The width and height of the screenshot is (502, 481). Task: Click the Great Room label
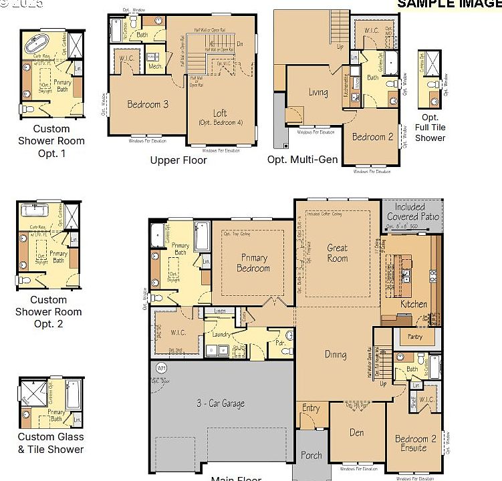tap(337, 253)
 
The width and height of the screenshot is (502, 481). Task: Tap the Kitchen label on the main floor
tap(413, 304)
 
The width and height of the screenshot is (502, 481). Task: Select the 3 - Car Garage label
tap(220, 404)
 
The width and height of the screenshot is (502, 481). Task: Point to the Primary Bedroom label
tap(253, 263)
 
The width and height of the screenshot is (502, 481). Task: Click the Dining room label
tap(336, 355)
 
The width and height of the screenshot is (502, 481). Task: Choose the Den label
tap(357, 432)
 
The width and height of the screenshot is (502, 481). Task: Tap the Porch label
tap(311, 456)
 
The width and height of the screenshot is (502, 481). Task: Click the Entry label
tap(311, 408)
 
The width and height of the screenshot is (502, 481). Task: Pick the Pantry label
tap(414, 337)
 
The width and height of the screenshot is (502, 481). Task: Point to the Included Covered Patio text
tap(413, 212)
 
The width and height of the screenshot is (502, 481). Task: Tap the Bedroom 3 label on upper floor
tap(148, 104)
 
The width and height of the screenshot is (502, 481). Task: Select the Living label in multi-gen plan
tap(318, 93)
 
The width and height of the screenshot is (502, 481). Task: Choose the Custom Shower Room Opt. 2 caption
tap(48, 312)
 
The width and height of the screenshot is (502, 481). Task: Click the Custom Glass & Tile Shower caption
tap(51, 443)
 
